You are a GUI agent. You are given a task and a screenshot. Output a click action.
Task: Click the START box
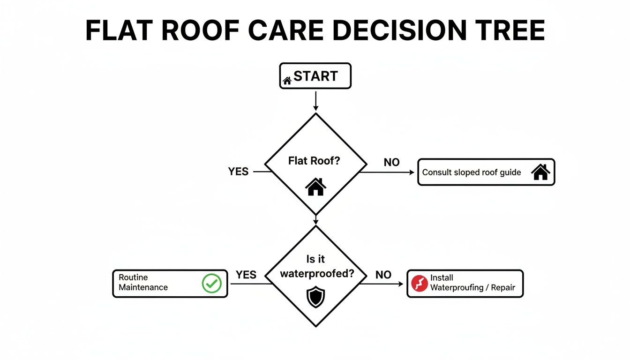(x=315, y=76)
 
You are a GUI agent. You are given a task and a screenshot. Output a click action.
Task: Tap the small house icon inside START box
(x=287, y=81)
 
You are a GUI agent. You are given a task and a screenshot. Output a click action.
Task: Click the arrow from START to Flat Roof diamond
(x=315, y=101)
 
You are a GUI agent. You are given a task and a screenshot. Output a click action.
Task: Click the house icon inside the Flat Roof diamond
(x=315, y=187)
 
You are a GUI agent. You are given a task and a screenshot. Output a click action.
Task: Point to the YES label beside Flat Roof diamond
(x=238, y=172)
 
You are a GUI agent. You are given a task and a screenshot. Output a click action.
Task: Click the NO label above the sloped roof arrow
(x=391, y=163)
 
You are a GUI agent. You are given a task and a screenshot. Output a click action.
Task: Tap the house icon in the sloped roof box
(x=540, y=172)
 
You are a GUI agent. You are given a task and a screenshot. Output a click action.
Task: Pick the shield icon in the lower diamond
(x=315, y=298)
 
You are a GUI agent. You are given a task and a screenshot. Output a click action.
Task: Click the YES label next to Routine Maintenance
(x=246, y=275)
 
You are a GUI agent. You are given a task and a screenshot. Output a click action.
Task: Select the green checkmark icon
(x=211, y=283)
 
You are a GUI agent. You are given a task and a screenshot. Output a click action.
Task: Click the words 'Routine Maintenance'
(x=143, y=283)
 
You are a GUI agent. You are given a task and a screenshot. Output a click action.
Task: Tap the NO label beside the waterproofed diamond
(x=383, y=275)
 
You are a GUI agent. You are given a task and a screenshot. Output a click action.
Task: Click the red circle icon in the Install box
(x=419, y=283)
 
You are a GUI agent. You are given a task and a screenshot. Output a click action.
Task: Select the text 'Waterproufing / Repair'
(x=472, y=287)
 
